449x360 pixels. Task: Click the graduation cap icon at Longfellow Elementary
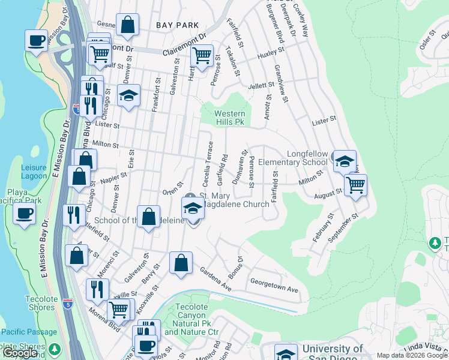345,161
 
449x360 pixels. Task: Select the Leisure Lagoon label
34,172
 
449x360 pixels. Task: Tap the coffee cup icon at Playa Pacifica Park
25,214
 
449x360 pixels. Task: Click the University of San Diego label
333,352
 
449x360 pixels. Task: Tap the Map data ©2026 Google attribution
411,355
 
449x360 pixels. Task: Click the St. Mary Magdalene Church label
234,200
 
